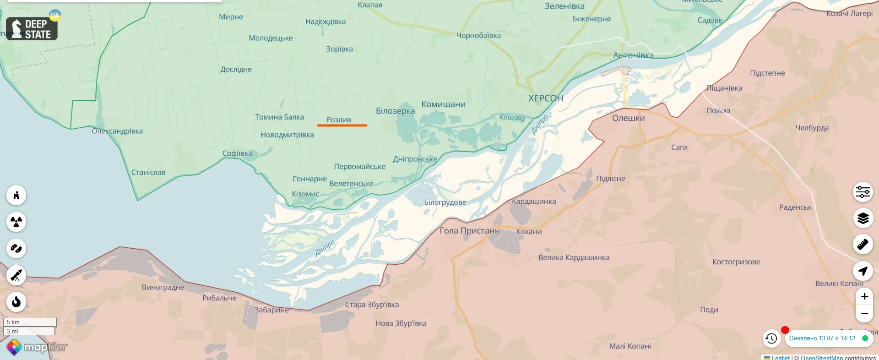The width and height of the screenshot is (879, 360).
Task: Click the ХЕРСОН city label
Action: point(546,98)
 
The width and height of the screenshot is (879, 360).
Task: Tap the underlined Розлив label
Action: point(338,120)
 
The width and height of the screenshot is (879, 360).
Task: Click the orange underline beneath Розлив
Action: point(342,125)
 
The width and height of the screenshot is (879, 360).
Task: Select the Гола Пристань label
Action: point(469,230)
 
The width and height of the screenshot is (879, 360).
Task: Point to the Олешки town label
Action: point(628,118)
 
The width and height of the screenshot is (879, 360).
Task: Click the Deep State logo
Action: point(32,29)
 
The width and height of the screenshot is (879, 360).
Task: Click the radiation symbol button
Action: point(16,222)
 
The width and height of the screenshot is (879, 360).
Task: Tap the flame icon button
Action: point(16,301)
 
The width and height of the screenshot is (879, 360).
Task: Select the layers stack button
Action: point(863,218)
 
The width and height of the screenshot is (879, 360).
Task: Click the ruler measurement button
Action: point(863,245)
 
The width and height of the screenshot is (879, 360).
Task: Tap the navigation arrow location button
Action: point(863,271)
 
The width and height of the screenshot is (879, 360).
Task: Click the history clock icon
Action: point(771,338)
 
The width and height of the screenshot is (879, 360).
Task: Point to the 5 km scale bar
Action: point(30,322)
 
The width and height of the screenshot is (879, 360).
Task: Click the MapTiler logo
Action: point(37,347)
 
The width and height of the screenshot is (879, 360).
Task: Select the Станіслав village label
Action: point(148,172)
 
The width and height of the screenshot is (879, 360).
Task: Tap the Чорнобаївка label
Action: point(478,35)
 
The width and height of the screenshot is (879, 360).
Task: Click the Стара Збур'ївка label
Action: point(372,305)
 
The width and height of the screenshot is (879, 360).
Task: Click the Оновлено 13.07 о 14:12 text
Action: point(822,338)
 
